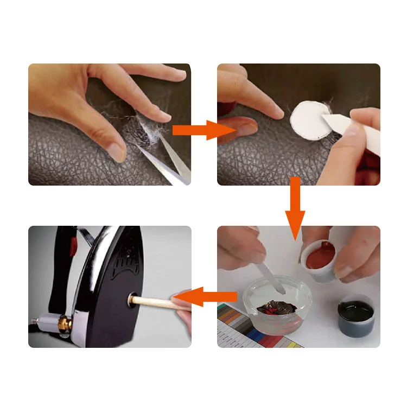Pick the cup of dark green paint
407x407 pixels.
[x=356, y=316]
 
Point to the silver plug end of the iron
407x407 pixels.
[x=46, y=323]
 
